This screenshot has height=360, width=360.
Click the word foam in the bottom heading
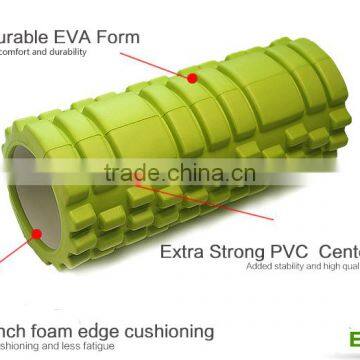pos(61,330)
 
